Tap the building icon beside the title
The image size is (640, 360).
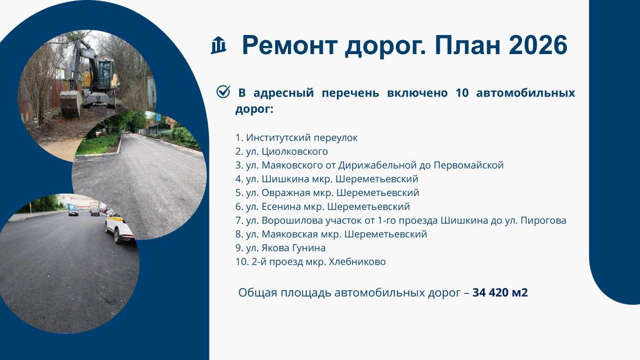pyautogui.click(x=218, y=45)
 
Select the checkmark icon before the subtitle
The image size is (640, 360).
pyautogui.click(x=223, y=92)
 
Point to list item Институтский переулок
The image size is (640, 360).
pyautogui.click(x=296, y=138)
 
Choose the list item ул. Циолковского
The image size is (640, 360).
pyautogui.click(x=282, y=151)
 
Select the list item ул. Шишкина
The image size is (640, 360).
pyautogui.click(x=327, y=179)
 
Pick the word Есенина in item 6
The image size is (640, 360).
pyautogui.click(x=281, y=206)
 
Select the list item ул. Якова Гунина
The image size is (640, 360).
pyautogui.click(x=280, y=248)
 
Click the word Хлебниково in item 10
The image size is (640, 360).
pyautogui.click(x=357, y=262)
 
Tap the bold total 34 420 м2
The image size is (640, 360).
pyautogui.click(x=500, y=293)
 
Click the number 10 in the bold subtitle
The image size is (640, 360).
pyautogui.click(x=462, y=92)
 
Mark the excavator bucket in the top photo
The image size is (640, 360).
pyautogui.click(x=71, y=104)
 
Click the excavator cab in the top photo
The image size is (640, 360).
pyautogui.click(x=104, y=73)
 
